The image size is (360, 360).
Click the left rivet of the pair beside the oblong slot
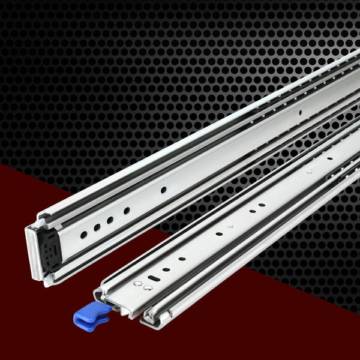tap(137, 283)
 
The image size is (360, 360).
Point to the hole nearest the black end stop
tap(83, 235)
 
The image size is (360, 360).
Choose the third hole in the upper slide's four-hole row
tap(110, 220)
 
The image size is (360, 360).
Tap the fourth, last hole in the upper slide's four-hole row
tap(127, 211)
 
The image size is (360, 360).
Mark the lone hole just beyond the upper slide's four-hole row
tap(163, 190)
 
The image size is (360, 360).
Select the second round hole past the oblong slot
tap(181, 259)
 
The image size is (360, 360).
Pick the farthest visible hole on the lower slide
tap(329, 158)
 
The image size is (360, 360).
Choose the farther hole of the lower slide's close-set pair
tap(262, 205)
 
